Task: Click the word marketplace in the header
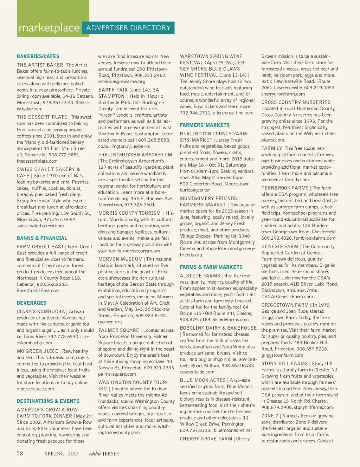point(49,28)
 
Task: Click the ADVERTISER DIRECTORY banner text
point(128,28)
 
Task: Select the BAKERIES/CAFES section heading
point(38,56)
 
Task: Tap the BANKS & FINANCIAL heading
point(42,238)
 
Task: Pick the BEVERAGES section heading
point(32,303)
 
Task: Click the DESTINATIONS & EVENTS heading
point(48,401)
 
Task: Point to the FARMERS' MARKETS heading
point(205,125)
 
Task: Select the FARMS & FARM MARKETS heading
point(211,267)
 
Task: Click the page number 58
point(20,453)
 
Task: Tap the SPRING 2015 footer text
point(62,454)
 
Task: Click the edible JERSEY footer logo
point(104,454)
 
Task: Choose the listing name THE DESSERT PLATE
point(42,117)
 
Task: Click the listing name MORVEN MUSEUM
point(120,259)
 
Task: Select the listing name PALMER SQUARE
point(118,330)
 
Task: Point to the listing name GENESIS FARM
point(279,247)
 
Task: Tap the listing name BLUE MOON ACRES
point(203,380)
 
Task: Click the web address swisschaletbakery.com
point(40,226)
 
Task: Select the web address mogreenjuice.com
point(35,389)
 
